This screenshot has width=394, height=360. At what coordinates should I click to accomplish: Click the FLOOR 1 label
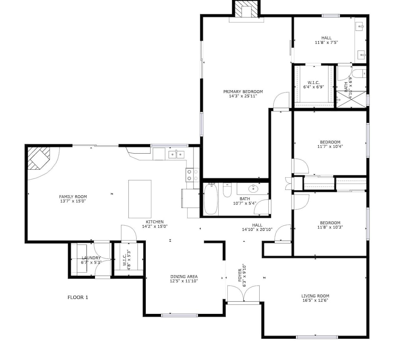pos(78,297)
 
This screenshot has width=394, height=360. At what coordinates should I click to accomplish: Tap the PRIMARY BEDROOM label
pos(243,92)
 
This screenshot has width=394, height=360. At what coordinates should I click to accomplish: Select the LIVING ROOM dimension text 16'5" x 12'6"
pos(315,300)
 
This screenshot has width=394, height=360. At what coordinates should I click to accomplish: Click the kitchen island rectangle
pos(140,199)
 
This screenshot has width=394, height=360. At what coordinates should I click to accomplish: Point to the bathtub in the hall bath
pos(210,199)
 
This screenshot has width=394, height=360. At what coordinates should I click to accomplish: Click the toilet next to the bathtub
pos(227,190)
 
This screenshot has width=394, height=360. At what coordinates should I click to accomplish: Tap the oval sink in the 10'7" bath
pos(253,188)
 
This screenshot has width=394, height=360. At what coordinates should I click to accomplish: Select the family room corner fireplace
pos(39,158)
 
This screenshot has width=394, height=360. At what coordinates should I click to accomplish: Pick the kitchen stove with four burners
pos(192,175)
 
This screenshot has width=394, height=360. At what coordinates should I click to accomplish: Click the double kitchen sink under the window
pos(177,155)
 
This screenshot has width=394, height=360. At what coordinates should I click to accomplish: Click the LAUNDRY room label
pos(91,258)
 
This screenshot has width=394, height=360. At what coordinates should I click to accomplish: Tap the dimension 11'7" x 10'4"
pos(330,146)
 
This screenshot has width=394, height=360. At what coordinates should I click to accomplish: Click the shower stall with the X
pos(351,100)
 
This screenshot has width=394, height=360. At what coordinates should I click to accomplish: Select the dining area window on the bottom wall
pos(179,315)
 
